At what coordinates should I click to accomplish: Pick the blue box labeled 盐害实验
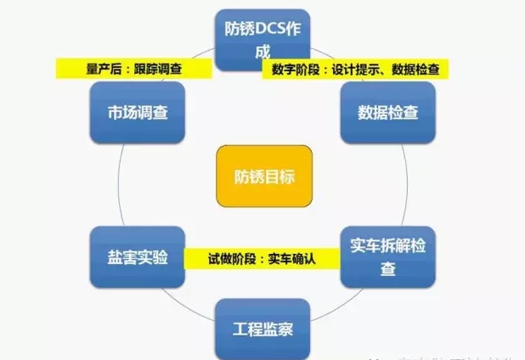135,256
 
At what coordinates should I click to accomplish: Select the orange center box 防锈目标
263,176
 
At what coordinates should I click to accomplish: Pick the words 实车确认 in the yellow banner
292,257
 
